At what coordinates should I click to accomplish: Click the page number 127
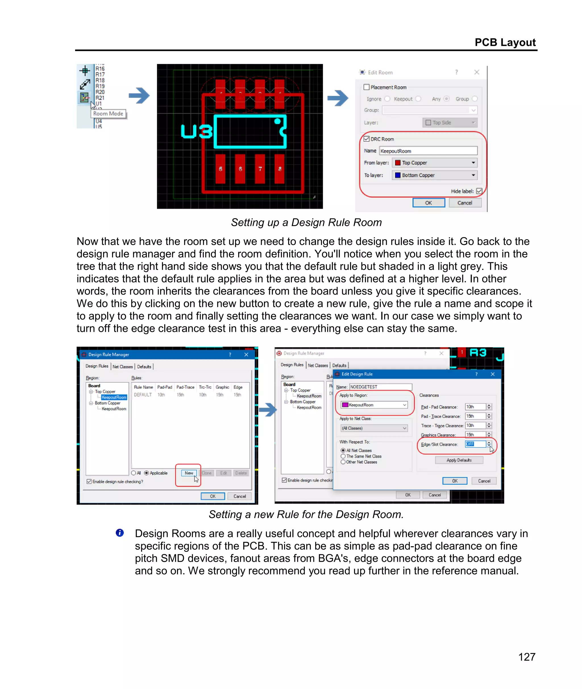pos(527,657)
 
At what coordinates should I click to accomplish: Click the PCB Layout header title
pos(505,42)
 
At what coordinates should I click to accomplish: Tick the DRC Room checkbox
pos(367,139)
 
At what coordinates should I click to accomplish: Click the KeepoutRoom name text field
pos(428,151)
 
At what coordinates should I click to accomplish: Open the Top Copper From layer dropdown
pos(435,163)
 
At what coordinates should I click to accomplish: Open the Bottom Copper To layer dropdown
pos(435,175)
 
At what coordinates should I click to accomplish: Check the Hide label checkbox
pos(479,191)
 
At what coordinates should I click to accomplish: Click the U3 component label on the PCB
pos(196,131)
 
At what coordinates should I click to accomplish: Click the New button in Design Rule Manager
pos(189,473)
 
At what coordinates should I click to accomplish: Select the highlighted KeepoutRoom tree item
pos(114,397)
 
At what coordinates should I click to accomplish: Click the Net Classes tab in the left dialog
pos(122,367)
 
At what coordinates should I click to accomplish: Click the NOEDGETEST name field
pos(381,387)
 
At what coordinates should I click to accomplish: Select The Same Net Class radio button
pos(343,456)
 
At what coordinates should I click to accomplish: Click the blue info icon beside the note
pos(120,533)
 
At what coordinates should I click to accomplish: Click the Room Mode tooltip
pos(108,114)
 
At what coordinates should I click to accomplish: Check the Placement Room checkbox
pos(367,87)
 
